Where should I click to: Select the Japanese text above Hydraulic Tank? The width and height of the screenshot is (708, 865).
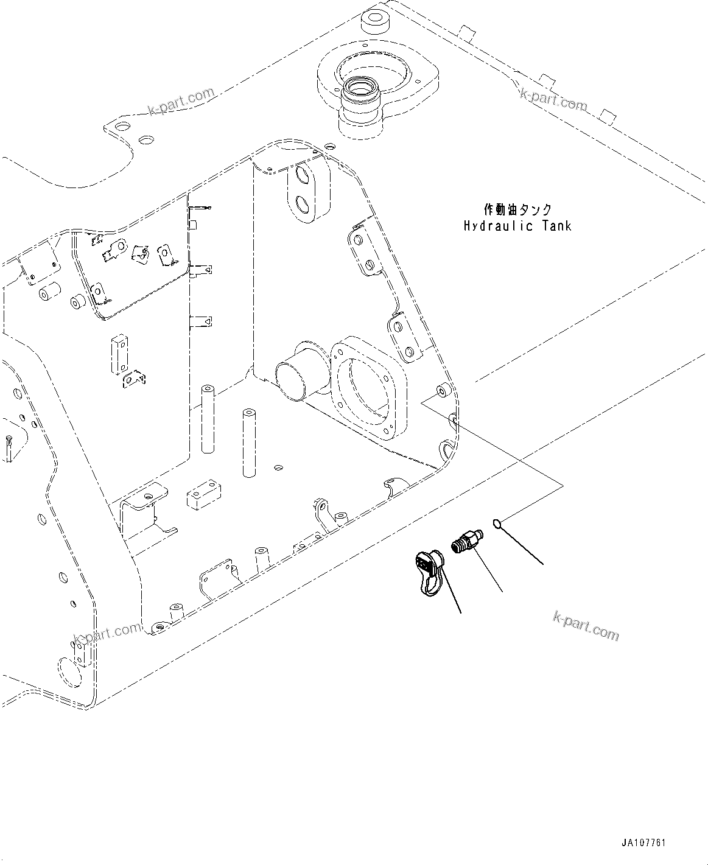[x=517, y=210]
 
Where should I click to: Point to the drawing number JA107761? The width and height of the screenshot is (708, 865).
[x=644, y=843]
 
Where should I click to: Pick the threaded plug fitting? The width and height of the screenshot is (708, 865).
[x=467, y=539]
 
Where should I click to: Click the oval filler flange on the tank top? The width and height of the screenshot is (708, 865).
[x=378, y=85]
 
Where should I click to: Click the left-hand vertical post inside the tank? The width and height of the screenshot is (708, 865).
[x=208, y=419]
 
